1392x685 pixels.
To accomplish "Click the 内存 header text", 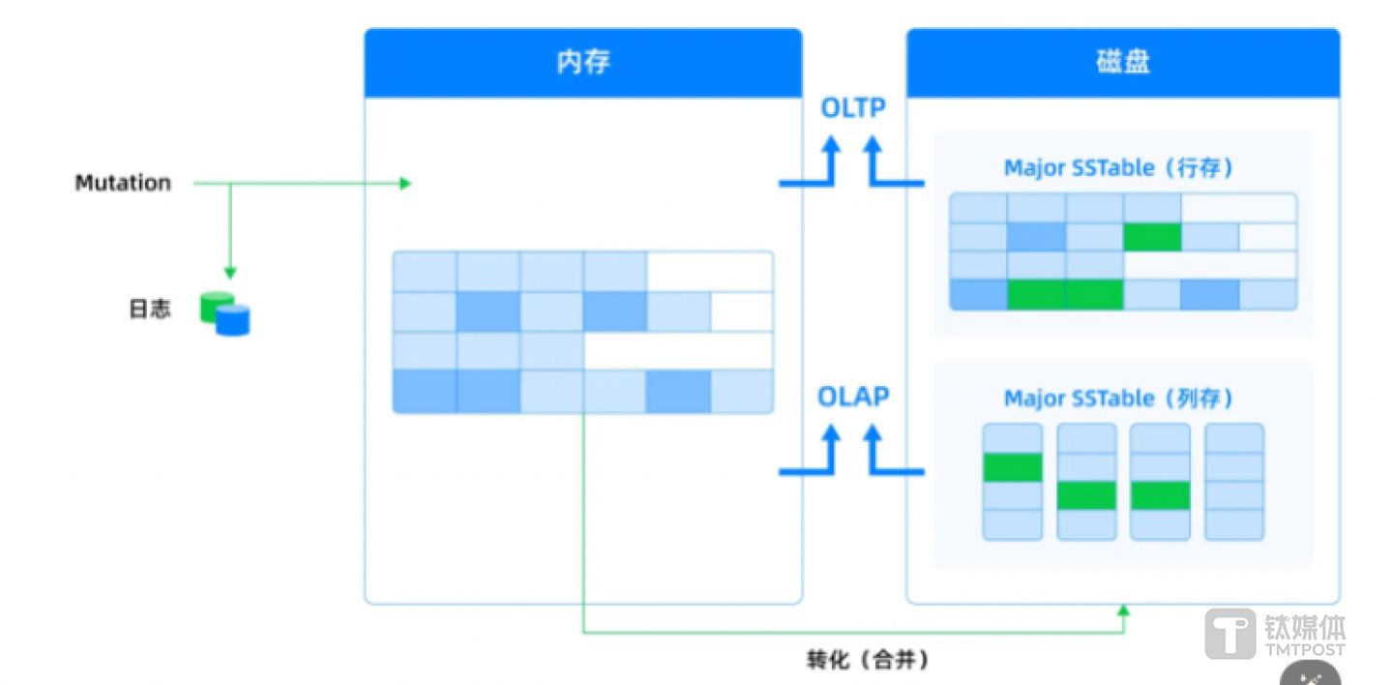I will click(583, 63).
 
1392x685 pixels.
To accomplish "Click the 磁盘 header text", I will click(1123, 63).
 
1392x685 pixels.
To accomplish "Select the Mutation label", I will click(123, 183).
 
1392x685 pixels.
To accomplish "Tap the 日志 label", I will click(150, 310).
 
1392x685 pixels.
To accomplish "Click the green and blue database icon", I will click(224, 313).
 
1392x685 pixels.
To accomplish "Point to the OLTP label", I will click(852, 108).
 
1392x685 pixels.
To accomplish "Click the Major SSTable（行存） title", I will click(1118, 168).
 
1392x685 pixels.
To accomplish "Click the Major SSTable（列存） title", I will click(1118, 399).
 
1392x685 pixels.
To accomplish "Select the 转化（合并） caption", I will click(868, 660).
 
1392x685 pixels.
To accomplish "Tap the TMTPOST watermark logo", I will click(1275, 634).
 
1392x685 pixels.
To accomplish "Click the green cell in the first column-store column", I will click(1012, 467).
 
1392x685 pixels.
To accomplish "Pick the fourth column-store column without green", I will click(1233, 481).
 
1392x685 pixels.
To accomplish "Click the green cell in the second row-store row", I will click(1152, 237).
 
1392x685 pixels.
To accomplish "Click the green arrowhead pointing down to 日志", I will click(230, 274).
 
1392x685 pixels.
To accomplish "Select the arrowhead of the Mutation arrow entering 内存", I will click(406, 183).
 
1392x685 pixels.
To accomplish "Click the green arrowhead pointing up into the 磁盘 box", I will click(1123, 610).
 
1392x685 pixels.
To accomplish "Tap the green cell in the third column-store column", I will click(1160, 495).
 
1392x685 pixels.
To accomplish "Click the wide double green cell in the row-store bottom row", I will click(1065, 295).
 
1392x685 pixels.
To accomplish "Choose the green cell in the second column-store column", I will click(1086, 495).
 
